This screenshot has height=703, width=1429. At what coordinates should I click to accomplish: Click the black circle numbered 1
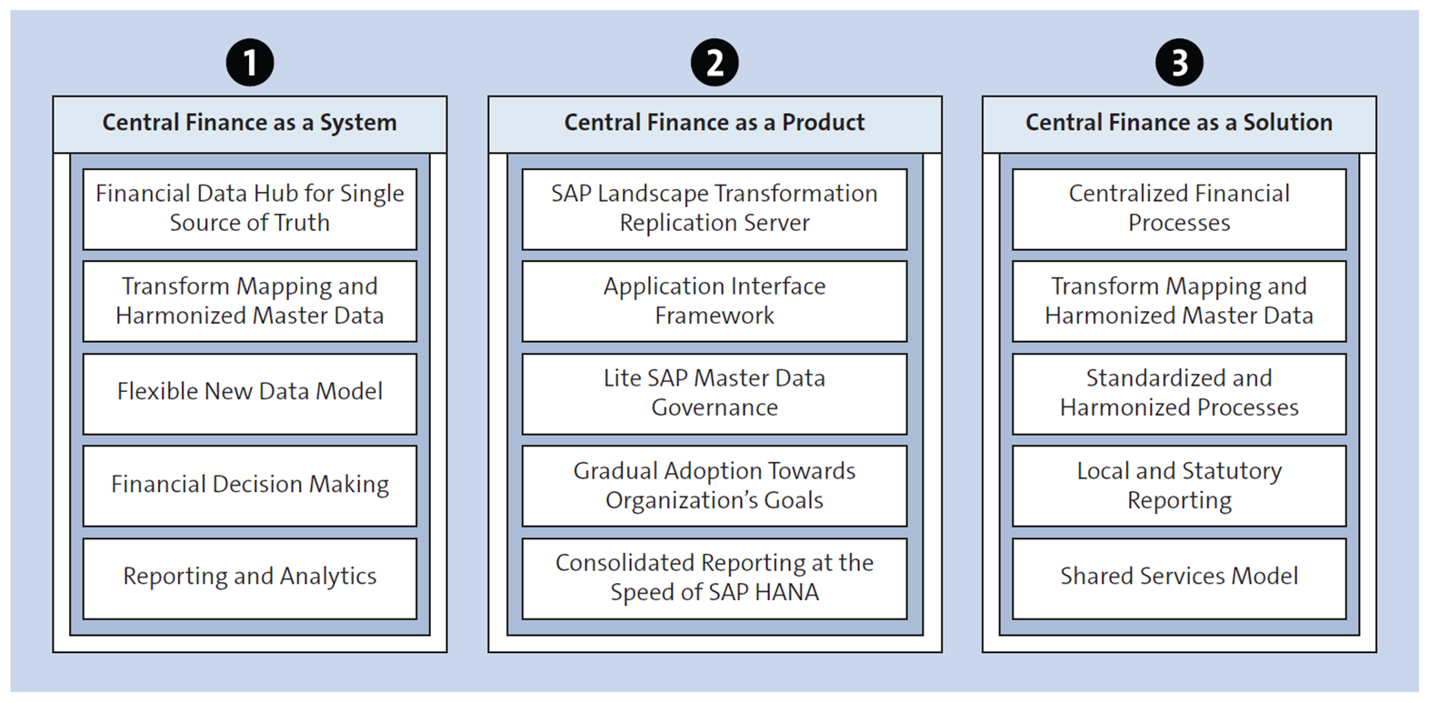(x=250, y=63)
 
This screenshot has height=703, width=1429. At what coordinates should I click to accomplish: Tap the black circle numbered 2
(x=714, y=63)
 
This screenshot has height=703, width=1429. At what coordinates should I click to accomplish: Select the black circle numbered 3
(x=1179, y=63)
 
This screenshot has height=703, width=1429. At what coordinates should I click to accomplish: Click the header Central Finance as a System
(x=250, y=123)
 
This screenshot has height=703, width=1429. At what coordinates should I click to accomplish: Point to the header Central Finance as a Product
(x=714, y=123)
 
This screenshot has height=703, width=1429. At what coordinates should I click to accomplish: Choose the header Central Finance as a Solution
(x=1179, y=123)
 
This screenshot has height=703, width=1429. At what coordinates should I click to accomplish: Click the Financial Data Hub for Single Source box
(x=250, y=208)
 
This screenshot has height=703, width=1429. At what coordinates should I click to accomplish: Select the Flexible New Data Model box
(x=250, y=392)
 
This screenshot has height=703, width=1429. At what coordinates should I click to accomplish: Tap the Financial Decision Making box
(x=250, y=485)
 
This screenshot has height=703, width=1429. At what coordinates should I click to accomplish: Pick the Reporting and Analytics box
(x=250, y=577)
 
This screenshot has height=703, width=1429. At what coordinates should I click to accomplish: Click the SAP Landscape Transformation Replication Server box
(x=714, y=208)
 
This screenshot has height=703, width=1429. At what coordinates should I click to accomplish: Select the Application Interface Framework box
(x=714, y=301)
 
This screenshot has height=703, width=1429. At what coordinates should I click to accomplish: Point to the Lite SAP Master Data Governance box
(x=714, y=393)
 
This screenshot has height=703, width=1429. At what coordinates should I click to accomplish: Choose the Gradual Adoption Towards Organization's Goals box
(x=714, y=486)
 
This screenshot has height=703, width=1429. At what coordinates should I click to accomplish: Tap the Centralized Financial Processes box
(x=1179, y=208)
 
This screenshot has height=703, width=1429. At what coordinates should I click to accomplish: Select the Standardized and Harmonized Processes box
(x=1179, y=393)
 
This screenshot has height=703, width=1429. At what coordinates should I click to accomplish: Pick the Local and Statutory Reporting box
(x=1179, y=486)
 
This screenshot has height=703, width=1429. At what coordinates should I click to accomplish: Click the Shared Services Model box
(x=1179, y=577)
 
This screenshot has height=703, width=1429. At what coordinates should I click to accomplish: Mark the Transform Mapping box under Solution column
(x=1179, y=301)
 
